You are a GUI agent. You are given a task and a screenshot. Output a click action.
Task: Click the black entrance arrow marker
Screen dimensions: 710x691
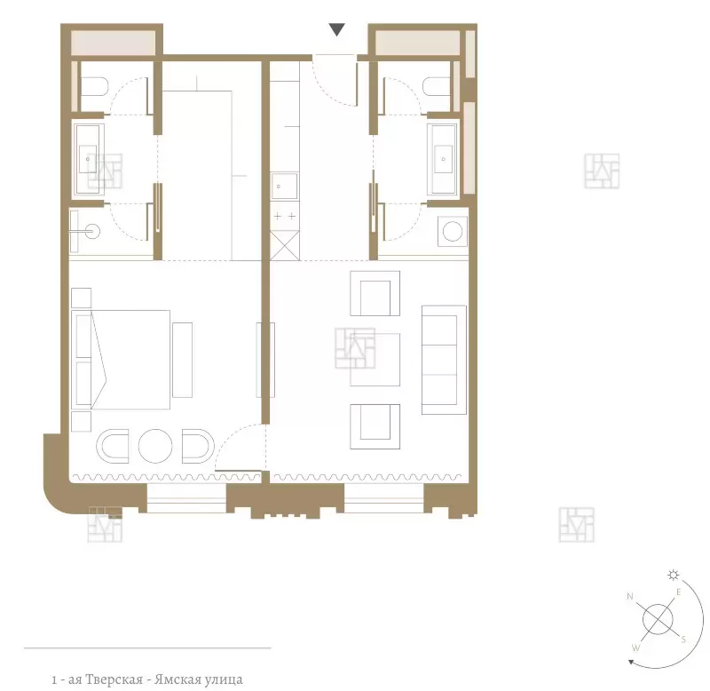337,29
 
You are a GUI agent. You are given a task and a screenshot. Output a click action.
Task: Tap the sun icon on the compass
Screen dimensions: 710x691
674,575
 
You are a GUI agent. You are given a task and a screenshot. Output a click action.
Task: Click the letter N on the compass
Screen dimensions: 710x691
630,596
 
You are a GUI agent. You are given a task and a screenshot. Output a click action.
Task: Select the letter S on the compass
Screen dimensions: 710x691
683,639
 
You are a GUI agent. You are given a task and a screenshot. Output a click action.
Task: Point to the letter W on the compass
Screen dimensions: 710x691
635,648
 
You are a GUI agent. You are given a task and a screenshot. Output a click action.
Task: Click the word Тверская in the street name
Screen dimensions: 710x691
114,679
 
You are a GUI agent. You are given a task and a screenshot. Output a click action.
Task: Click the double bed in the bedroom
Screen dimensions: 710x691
121,360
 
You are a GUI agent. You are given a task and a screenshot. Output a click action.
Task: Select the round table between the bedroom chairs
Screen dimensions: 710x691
155,446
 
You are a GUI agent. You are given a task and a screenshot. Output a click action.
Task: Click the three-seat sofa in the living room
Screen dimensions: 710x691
444,360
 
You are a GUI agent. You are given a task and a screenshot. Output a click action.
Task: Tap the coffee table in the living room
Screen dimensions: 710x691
375,360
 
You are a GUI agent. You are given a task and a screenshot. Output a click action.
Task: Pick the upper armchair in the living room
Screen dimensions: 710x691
375,293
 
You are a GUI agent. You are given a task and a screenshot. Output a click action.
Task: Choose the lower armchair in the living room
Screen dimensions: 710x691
375,426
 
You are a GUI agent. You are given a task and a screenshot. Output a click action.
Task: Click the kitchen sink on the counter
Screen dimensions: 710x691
284,187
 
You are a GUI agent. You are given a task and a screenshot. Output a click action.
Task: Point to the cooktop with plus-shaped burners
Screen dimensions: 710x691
285,216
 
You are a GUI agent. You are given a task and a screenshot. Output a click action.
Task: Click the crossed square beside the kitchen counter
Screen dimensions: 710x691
285,245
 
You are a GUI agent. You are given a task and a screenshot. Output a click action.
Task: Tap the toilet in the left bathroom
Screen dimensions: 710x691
95,86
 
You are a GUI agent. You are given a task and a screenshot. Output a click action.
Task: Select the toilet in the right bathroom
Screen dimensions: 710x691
437,86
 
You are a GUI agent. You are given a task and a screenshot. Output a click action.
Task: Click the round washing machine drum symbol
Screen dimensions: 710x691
453,232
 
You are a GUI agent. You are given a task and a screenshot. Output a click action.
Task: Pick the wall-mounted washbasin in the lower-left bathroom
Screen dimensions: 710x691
85,232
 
